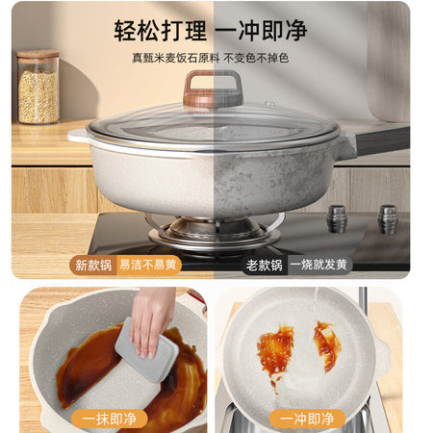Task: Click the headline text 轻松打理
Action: click(x=161, y=31)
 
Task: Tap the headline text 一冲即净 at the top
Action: click(x=261, y=31)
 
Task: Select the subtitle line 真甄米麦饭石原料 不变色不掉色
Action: click(x=211, y=58)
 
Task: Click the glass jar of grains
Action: click(x=38, y=87)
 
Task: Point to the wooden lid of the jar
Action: click(x=38, y=54)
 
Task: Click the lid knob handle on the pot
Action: click(x=213, y=89)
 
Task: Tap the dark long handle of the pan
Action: click(x=382, y=140)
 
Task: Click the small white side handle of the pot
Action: click(x=79, y=136)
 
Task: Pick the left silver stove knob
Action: click(x=337, y=218)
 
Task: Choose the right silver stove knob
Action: click(x=388, y=219)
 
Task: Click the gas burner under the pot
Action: click(x=215, y=232)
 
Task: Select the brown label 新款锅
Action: click(x=93, y=266)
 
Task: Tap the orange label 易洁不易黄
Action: click(x=148, y=265)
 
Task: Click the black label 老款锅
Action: click(x=265, y=266)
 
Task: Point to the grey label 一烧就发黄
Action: click(x=319, y=265)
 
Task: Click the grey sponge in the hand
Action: click(x=147, y=350)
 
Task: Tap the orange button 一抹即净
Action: click(x=109, y=419)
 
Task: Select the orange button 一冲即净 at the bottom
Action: click(x=307, y=419)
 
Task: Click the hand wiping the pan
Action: click(x=152, y=320)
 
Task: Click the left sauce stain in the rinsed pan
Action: click(x=275, y=351)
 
